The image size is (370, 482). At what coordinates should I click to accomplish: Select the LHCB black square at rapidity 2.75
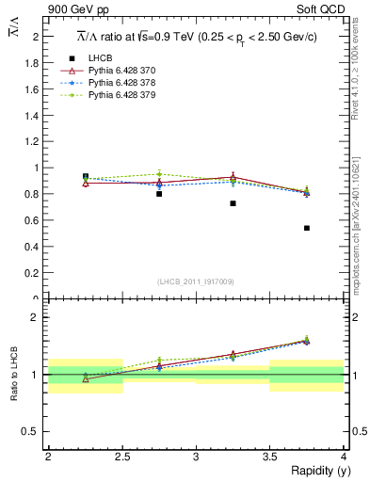pos(159,194)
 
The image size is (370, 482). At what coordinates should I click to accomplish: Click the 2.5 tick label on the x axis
pos(122,457)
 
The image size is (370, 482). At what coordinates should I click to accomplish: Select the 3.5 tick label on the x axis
pos(269,457)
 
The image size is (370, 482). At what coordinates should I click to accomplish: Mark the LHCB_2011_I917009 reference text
pos(195,281)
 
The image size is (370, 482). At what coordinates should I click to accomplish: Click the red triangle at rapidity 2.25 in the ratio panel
pos(86,378)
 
